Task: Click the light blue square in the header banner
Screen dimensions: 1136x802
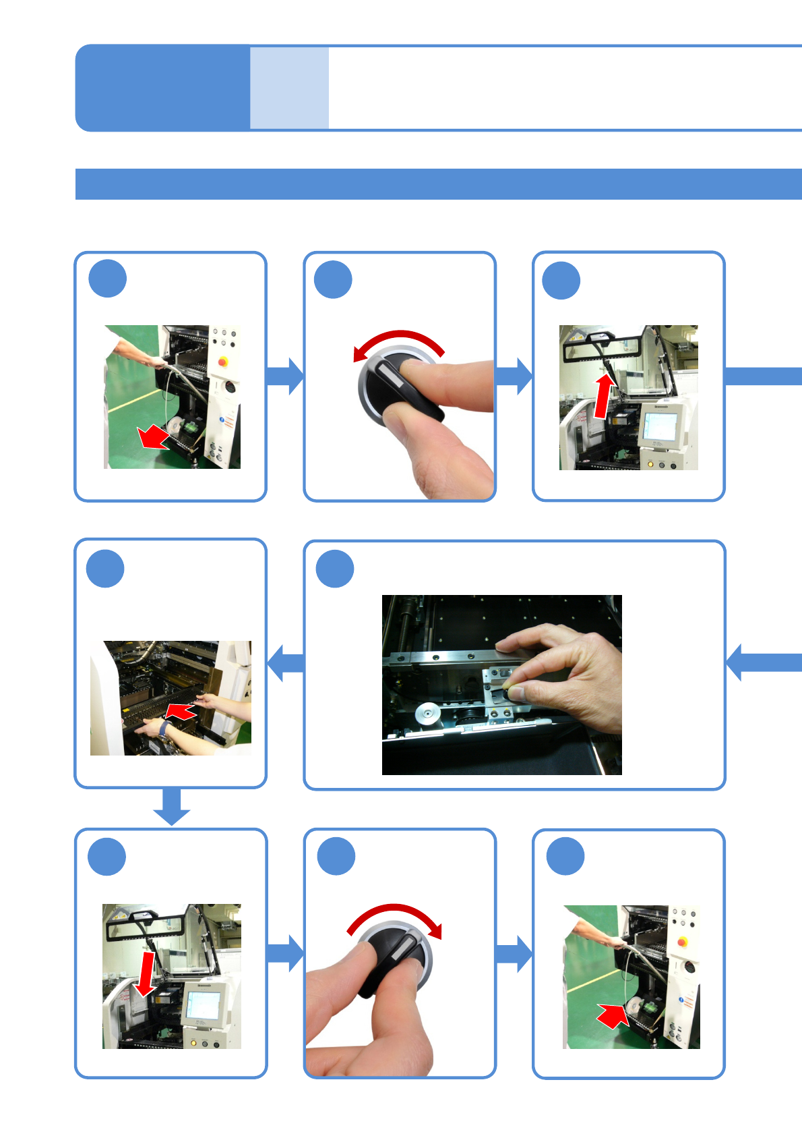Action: [x=289, y=88]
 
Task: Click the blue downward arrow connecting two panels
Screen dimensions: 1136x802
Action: [x=172, y=805]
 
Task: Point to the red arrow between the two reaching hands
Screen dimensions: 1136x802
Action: [x=180, y=711]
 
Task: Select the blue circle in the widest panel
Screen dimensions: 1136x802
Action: [x=335, y=569]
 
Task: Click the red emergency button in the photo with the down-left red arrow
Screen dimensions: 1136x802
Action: [x=223, y=362]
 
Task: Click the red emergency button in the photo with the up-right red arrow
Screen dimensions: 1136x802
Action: [x=682, y=941]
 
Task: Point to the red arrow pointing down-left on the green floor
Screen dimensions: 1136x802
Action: [x=154, y=437]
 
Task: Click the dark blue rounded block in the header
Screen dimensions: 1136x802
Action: [x=162, y=88]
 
